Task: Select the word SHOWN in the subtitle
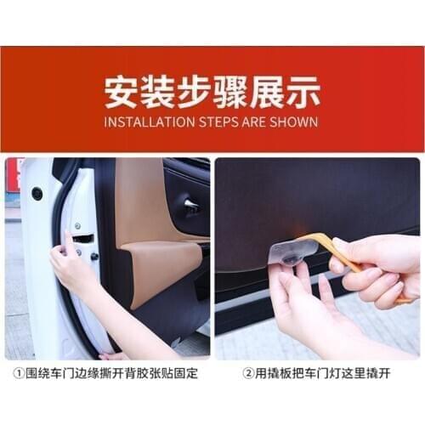pos(294,122)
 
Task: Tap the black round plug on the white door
pos(37,194)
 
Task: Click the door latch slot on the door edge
pos(82,239)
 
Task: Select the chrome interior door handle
pos(191,205)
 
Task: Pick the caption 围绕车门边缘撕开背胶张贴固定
pos(109,371)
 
